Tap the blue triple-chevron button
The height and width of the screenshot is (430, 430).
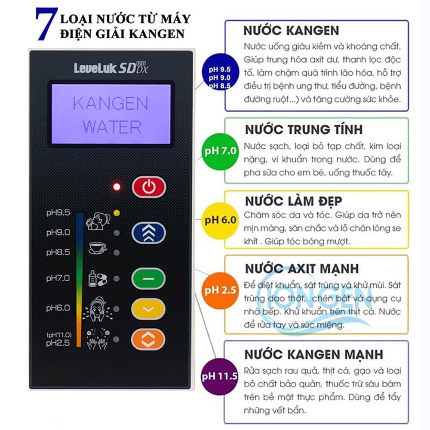point(149,233)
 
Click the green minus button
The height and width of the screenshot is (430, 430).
point(148,279)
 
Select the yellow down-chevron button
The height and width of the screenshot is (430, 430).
point(148,309)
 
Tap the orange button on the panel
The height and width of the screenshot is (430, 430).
point(148,339)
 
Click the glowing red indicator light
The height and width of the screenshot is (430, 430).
point(117,187)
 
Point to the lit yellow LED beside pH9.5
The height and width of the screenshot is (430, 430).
point(117,213)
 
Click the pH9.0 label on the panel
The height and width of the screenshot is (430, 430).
point(58,233)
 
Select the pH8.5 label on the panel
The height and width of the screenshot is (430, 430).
point(58,252)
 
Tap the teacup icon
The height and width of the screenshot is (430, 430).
point(98,248)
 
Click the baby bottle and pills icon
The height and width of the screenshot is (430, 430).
point(98,278)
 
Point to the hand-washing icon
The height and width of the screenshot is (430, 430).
point(97,339)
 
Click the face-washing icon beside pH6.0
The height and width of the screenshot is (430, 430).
point(97,309)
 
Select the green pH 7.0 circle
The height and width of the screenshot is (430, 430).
point(220,151)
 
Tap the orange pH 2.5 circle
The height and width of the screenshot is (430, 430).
point(220,291)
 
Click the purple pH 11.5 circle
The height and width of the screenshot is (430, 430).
point(219,377)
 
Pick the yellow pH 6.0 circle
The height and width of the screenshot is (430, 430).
point(220,221)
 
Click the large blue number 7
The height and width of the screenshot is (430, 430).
point(46,24)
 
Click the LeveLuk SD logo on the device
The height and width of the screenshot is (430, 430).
point(111,68)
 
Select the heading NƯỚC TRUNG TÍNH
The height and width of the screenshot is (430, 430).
point(304,129)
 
